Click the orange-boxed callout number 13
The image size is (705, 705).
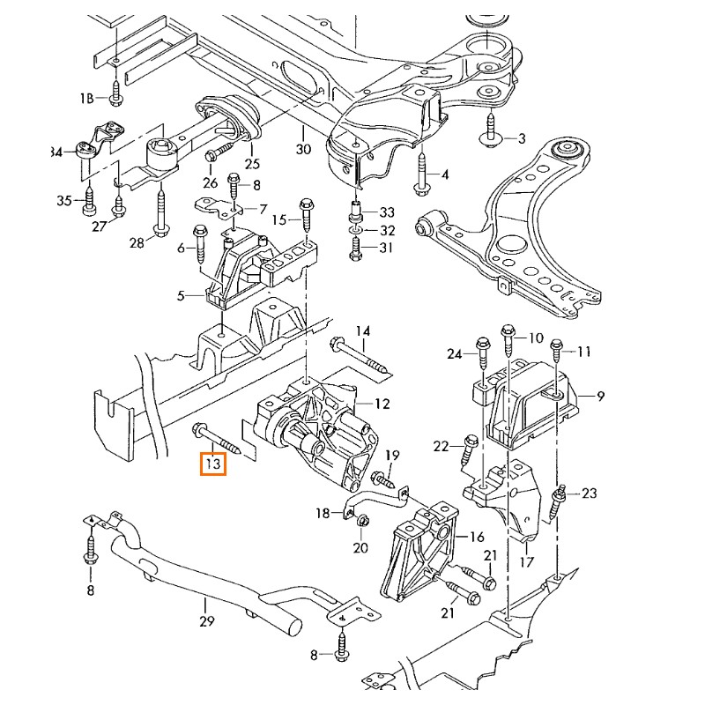tap(213, 462)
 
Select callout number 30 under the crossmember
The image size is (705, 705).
tap(303, 149)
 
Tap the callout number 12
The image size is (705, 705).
tap(382, 404)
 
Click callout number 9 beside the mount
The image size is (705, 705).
tap(600, 397)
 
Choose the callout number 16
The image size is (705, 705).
tap(477, 536)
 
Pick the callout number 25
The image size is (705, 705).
tap(253, 163)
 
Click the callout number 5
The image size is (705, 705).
tap(182, 296)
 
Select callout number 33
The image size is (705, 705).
tap(388, 212)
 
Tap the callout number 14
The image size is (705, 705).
tap(363, 330)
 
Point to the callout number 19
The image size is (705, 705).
tap(392, 455)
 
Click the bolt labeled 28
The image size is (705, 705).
tap(161, 215)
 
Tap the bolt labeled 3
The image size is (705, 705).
tap(490, 135)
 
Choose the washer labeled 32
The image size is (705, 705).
tap(354, 231)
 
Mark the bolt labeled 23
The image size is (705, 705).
tap(560, 502)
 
